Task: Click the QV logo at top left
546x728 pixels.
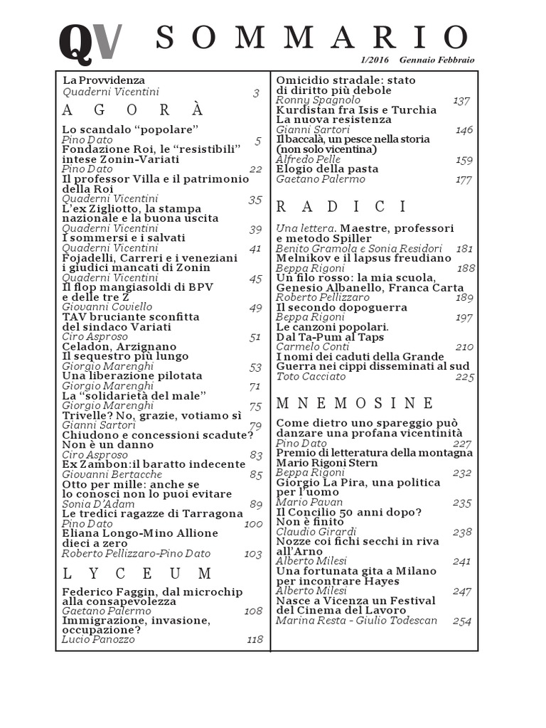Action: coord(90,42)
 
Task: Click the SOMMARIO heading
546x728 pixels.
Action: coord(312,38)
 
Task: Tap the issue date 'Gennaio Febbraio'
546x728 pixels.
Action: coord(437,60)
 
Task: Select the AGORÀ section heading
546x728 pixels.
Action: coord(133,109)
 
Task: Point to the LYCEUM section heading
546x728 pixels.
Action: coord(137,573)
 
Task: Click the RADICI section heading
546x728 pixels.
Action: coord(341,207)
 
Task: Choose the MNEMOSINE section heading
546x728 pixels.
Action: coord(354,403)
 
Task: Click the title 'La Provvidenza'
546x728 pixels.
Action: coord(104,80)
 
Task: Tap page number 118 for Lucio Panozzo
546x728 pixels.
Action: coord(254,639)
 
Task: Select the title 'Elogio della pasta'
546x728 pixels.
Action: coord(327,169)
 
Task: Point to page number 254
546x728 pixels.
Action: coord(462,621)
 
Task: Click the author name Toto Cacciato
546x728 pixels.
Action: coord(311,376)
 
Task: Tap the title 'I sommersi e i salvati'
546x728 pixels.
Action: coord(124,238)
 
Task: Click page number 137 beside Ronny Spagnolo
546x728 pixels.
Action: coord(462,100)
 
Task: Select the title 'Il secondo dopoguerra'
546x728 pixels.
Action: coord(342,307)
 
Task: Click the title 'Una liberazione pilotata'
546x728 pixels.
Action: coord(132,375)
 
